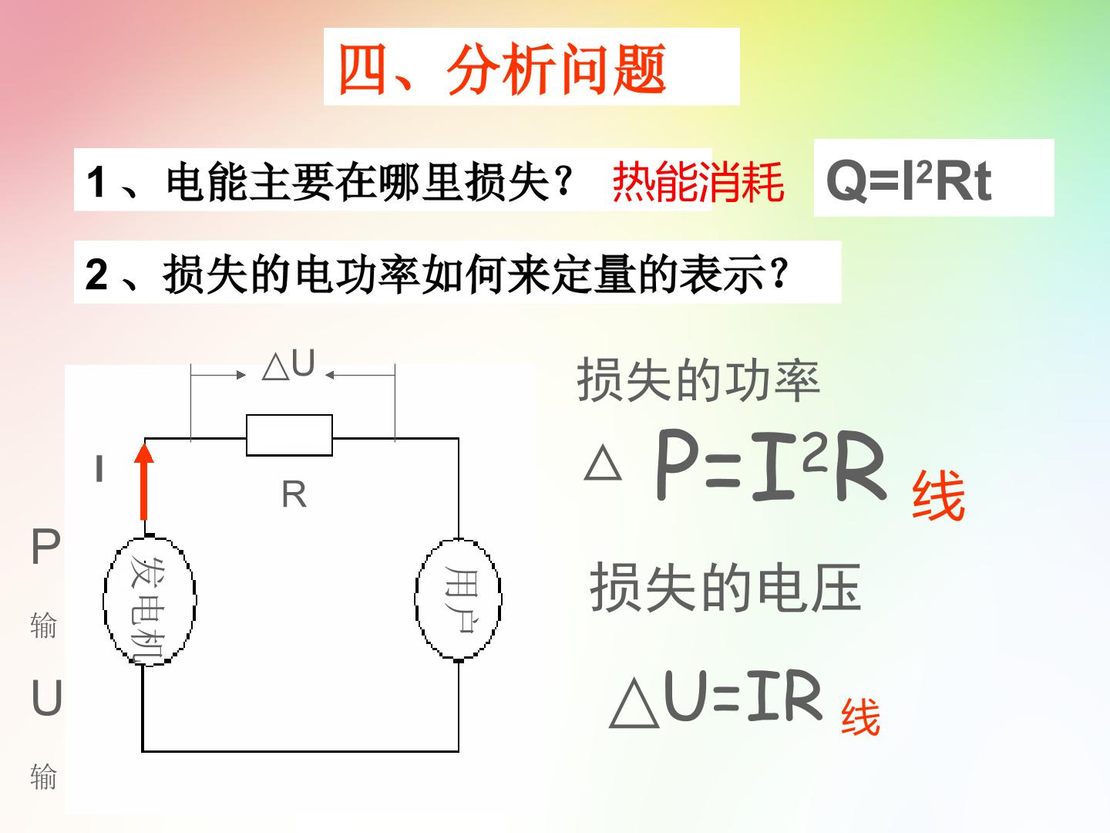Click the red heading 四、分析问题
click(x=502, y=69)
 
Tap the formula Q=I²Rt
click(x=909, y=180)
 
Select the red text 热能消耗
click(x=698, y=181)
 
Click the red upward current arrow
click(x=144, y=481)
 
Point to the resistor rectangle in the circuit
click(x=289, y=435)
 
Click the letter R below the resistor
click(x=294, y=494)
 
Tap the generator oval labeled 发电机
click(x=150, y=600)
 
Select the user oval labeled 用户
click(x=458, y=599)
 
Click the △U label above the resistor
click(x=289, y=364)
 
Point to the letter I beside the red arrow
click(x=99, y=468)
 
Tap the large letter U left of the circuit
click(x=46, y=697)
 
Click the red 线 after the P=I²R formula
click(x=939, y=495)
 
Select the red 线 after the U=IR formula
click(x=861, y=717)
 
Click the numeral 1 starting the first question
click(x=96, y=182)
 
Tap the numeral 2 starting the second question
click(x=96, y=274)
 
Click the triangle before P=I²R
click(x=603, y=464)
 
